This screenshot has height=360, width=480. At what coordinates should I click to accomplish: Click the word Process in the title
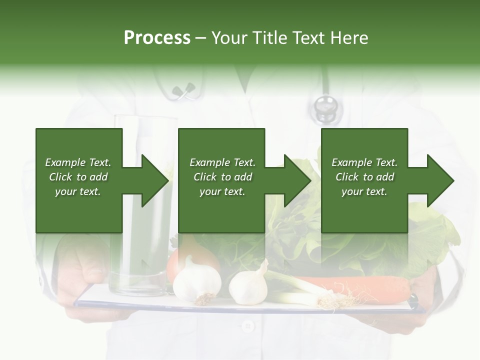click(x=157, y=38)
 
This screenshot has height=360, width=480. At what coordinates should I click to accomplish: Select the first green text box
click(x=79, y=180)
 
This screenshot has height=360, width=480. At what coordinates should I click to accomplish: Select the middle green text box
click(x=221, y=180)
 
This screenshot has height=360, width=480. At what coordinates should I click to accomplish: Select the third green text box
click(x=364, y=180)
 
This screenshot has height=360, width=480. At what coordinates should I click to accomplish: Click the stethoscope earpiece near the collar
click(x=183, y=90)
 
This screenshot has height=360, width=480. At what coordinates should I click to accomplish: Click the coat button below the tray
click(x=247, y=326)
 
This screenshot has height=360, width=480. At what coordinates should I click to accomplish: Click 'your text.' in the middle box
click(x=221, y=191)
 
